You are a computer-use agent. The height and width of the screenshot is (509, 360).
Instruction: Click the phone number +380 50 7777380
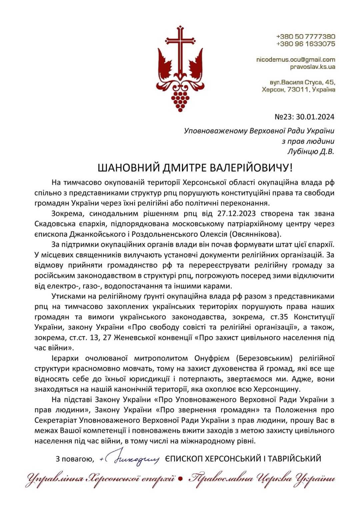(306, 36)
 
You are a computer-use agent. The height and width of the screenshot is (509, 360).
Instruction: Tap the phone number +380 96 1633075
(306, 44)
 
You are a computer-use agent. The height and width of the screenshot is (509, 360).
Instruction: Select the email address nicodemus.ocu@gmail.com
(296, 60)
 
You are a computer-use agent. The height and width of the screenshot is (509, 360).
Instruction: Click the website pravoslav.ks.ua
(312, 67)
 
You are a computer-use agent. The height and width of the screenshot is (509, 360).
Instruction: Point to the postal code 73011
(298, 90)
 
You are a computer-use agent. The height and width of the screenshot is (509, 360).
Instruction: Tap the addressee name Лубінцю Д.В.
(311, 152)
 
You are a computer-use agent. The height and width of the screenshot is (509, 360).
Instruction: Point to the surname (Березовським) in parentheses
(264, 358)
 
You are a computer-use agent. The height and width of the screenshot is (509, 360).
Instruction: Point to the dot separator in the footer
(180, 479)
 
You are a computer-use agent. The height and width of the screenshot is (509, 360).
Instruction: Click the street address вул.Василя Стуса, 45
(302, 82)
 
